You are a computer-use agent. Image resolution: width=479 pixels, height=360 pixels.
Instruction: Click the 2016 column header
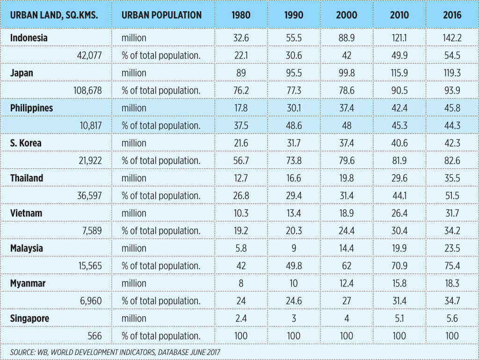pos(452,14)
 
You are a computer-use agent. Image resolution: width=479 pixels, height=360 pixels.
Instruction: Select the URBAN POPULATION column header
pos(161,14)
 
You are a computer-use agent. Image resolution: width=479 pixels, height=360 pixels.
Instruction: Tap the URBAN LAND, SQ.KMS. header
pos(54,14)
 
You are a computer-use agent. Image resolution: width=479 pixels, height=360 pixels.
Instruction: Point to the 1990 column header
pos(294,14)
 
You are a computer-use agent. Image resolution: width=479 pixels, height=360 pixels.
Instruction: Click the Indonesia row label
pos(29,38)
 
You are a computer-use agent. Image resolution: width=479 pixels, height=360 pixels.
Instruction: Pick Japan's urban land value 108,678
pos(86,90)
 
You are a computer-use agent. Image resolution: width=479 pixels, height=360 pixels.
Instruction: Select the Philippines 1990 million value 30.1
pos(294,108)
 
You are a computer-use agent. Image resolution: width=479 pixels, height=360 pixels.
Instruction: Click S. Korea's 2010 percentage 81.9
pos(399,160)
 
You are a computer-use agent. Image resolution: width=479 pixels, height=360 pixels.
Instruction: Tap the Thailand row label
pos(27,178)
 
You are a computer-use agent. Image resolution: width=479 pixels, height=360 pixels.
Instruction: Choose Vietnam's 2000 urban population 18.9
pos(347,213)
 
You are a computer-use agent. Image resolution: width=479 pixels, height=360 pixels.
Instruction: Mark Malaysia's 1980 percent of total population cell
pos(241,266)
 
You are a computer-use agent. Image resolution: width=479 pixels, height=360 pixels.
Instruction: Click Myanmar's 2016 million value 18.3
pos(452,283)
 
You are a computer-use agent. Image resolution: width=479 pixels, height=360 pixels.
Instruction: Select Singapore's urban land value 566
pos(94,336)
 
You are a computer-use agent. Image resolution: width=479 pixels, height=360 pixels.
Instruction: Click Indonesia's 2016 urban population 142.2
pos(452,38)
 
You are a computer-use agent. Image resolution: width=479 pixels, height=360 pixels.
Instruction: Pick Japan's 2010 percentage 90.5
pos(399,90)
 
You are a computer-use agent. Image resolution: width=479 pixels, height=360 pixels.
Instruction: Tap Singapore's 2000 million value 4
pos(347,318)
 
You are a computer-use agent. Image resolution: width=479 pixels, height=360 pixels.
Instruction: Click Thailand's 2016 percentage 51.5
pos(452,195)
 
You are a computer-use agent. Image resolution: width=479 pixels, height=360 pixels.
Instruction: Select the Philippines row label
pos(32,108)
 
